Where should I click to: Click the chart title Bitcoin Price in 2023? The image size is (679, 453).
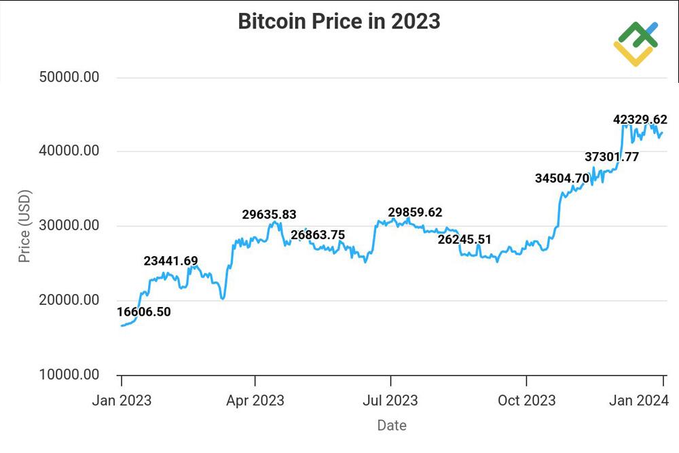(339, 22)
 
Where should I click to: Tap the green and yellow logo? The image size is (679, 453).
(636, 43)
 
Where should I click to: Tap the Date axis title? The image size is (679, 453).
(392, 426)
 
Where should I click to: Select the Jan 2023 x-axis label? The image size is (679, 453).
(122, 401)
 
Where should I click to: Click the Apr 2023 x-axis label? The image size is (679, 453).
(255, 401)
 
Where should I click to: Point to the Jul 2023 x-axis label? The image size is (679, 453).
(390, 401)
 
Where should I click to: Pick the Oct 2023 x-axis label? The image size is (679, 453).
(526, 401)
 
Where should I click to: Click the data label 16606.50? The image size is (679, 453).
(144, 312)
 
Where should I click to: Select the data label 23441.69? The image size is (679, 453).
(170, 261)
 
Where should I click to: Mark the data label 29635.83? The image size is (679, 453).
(269, 215)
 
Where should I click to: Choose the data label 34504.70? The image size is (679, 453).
(562, 179)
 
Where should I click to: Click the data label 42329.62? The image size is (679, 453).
(640, 120)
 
